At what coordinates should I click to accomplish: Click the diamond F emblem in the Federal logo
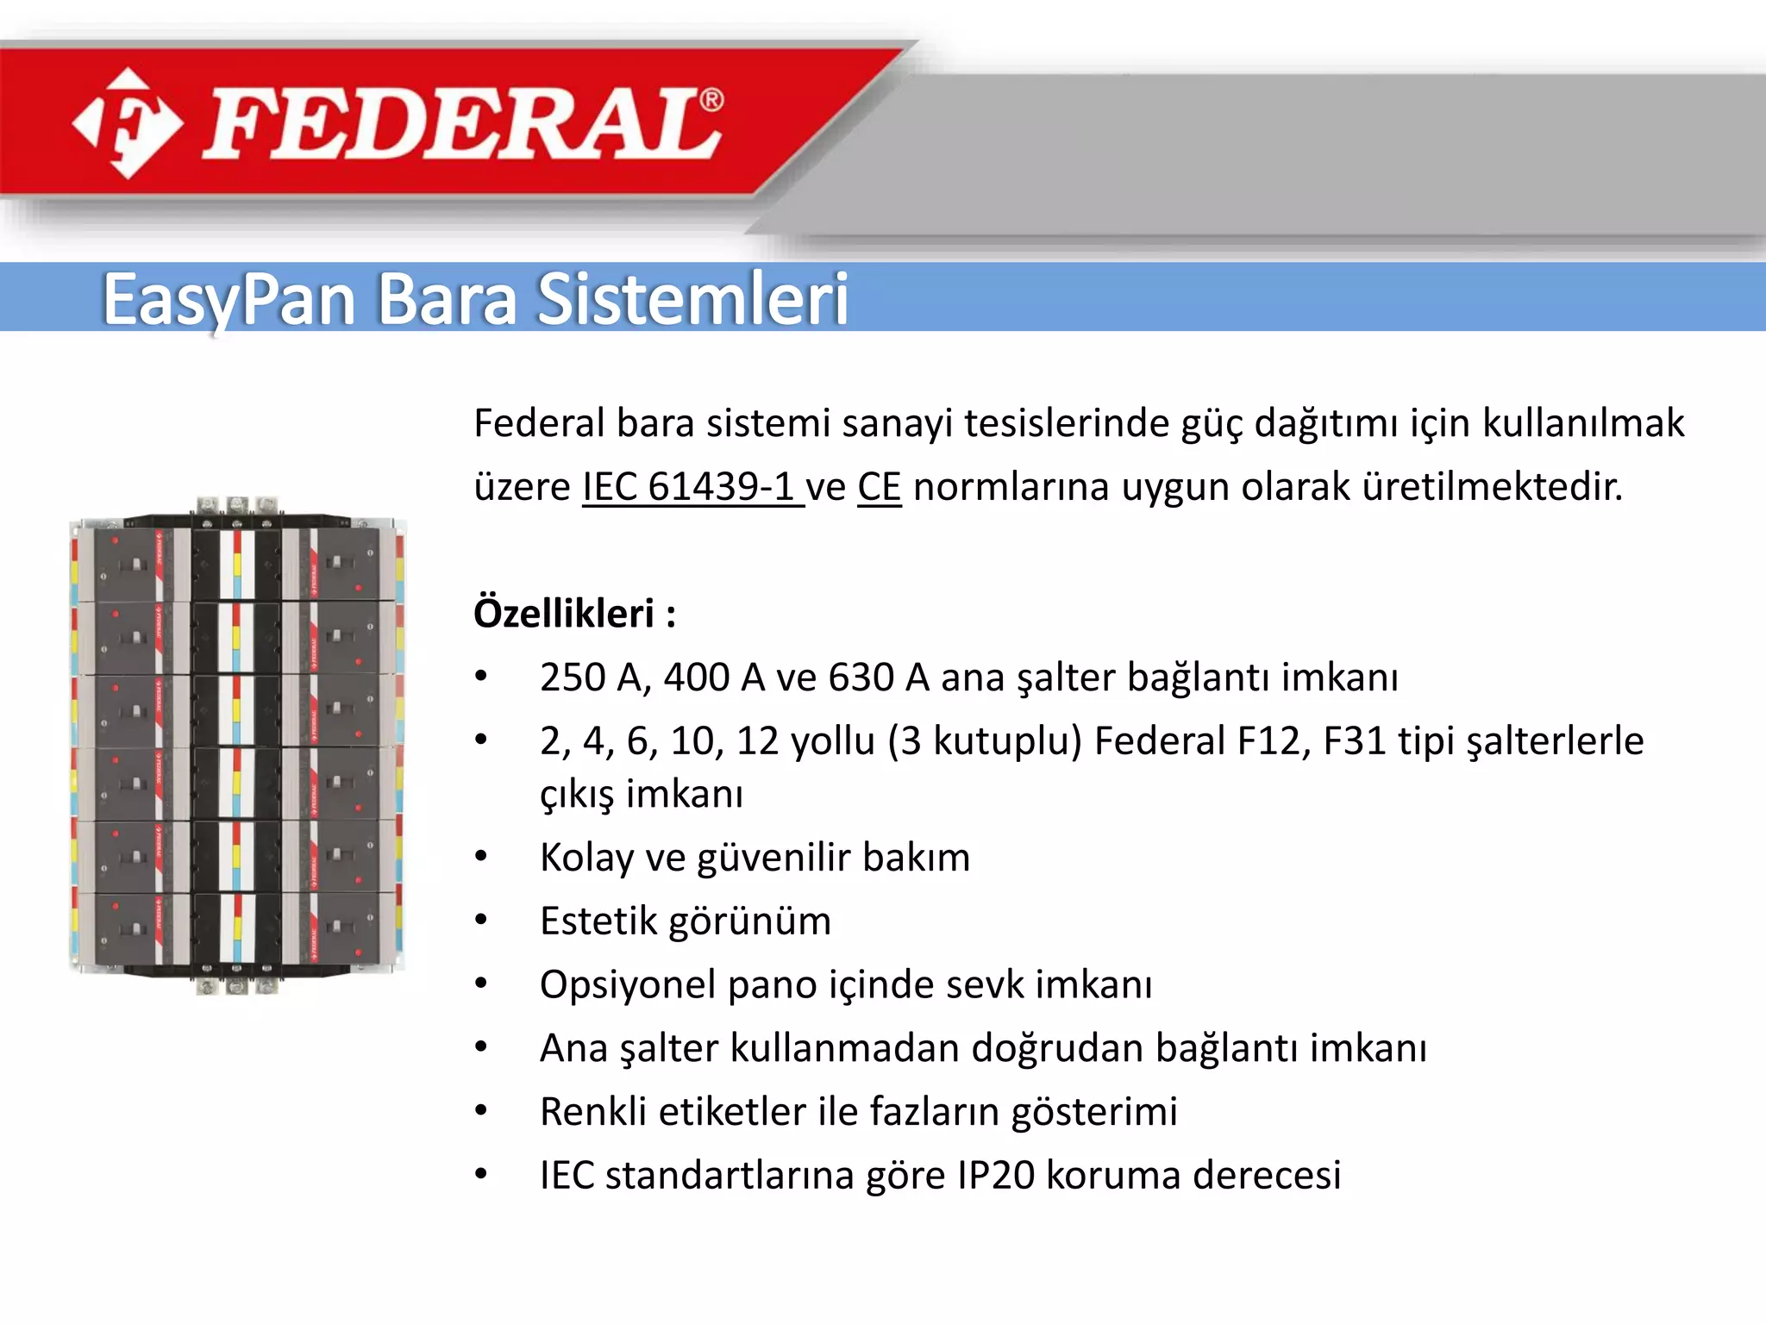128,123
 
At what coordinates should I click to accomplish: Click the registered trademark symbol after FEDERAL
711,101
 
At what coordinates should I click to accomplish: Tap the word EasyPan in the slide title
229,300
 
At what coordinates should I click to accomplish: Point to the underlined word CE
879,487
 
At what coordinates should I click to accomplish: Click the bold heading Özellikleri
565,614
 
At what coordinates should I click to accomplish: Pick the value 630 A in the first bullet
878,678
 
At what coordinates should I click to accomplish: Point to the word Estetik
598,921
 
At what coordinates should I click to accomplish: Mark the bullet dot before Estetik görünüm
481,921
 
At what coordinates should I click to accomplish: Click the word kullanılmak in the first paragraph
1583,423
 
